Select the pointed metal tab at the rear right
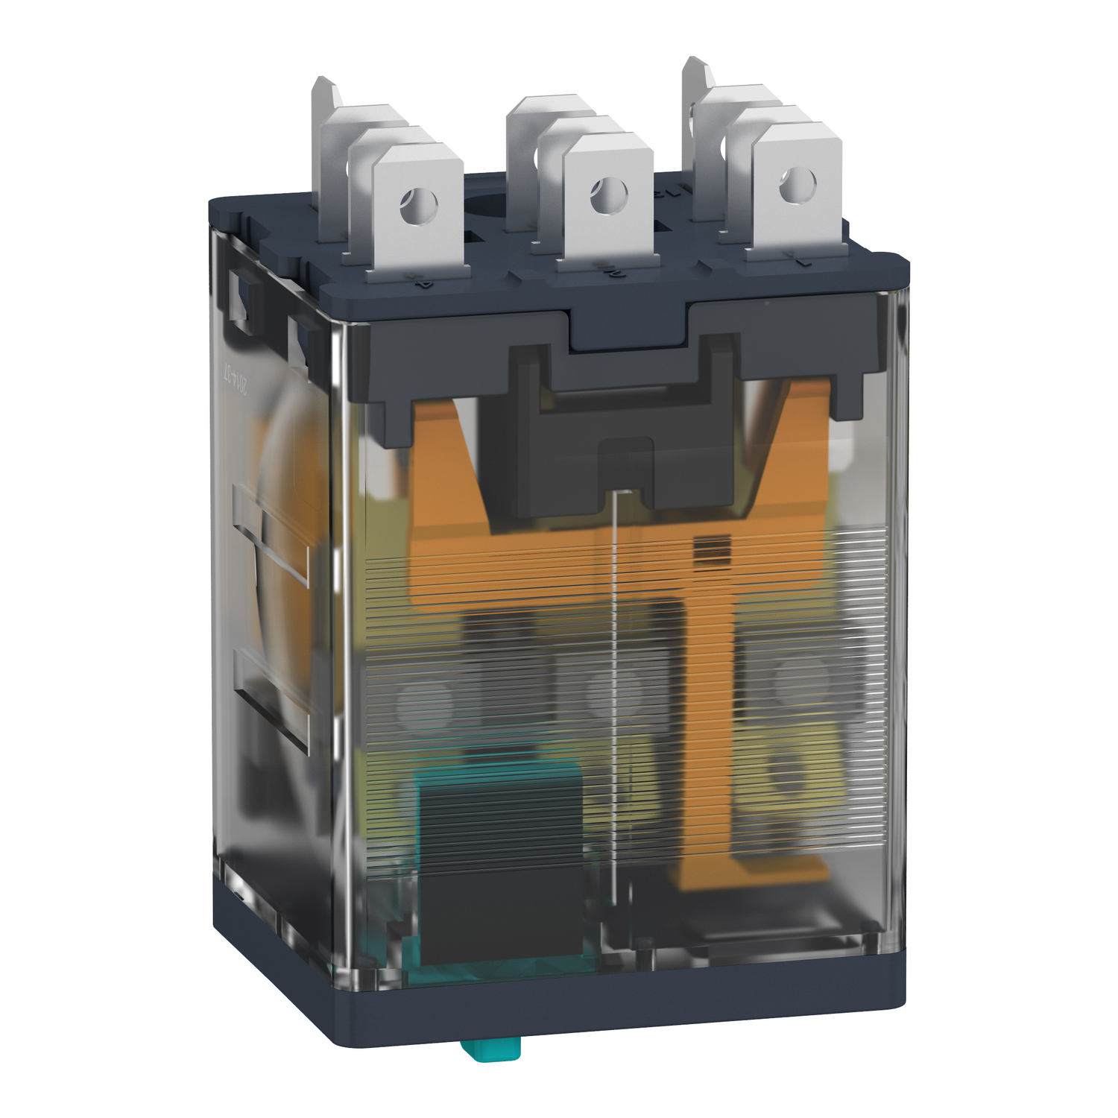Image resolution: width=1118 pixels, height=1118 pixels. coord(697,75)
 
